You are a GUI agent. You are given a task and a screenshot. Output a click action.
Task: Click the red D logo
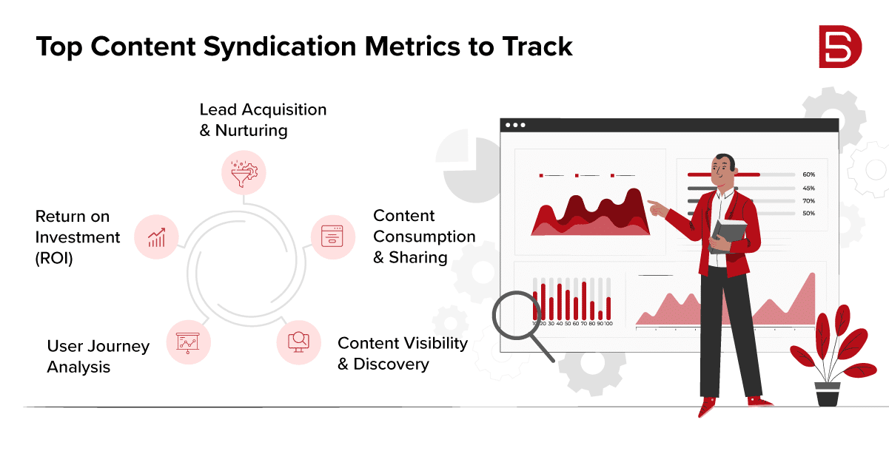coord(840,47)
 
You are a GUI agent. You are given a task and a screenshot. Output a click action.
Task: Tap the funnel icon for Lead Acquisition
coord(244,173)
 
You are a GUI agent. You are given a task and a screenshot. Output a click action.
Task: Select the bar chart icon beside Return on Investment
coord(157,237)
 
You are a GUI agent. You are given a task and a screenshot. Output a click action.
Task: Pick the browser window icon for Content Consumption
coord(332,236)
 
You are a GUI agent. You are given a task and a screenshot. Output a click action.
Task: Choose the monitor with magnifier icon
coord(299,342)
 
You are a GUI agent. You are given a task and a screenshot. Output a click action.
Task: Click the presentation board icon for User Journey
coord(188,343)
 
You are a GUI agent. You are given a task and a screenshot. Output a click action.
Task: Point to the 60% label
coord(808,174)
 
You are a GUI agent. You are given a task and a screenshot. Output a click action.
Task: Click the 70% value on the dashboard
coord(808,201)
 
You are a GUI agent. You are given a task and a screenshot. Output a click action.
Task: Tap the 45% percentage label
coord(808,189)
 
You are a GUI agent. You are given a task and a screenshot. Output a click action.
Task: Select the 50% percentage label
coord(808,213)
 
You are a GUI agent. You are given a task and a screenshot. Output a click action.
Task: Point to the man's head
coord(723,170)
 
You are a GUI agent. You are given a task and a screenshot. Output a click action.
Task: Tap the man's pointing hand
coord(657,208)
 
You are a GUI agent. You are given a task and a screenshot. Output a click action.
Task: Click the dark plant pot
coord(828,394)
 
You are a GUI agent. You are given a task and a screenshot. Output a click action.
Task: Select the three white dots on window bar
coord(515,125)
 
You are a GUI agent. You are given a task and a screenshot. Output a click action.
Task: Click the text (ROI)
coord(54,259)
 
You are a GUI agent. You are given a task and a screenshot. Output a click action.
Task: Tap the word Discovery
coord(391,364)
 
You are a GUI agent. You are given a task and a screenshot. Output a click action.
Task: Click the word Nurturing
coord(251,131)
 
